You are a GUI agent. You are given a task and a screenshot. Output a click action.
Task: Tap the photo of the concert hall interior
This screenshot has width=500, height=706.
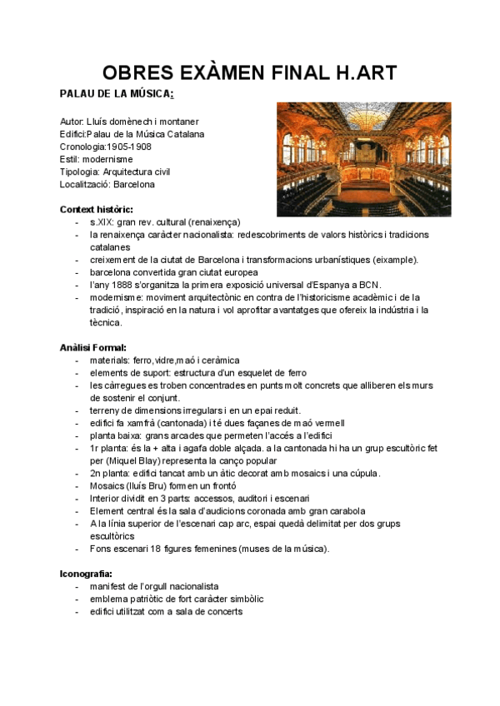[363, 159]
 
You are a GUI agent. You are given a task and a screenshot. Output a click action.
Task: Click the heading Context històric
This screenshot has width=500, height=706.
[97, 209]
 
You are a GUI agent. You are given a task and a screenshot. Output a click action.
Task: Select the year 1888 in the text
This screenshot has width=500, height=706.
[123, 285]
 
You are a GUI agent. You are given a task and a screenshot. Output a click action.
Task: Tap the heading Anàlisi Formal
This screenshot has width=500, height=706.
[93, 347]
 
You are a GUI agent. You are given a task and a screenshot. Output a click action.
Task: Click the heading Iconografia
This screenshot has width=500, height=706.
[87, 574]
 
